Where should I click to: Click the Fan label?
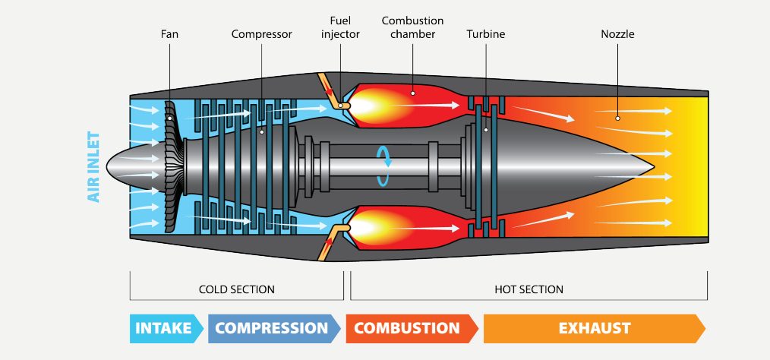(169, 34)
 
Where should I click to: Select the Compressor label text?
(261, 34)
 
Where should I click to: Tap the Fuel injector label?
(340, 27)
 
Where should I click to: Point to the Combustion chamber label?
(412, 27)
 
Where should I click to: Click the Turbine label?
(485, 34)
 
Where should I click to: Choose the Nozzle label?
(617, 34)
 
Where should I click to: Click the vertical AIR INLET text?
(94, 166)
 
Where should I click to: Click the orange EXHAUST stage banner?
(594, 329)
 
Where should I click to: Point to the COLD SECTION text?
(236, 289)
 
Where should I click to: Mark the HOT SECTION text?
(529, 289)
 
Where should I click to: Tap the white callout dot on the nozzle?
(617, 118)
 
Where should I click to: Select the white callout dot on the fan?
(170, 118)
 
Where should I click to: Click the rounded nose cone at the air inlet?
(118, 165)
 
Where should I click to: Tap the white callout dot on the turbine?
(485, 130)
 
